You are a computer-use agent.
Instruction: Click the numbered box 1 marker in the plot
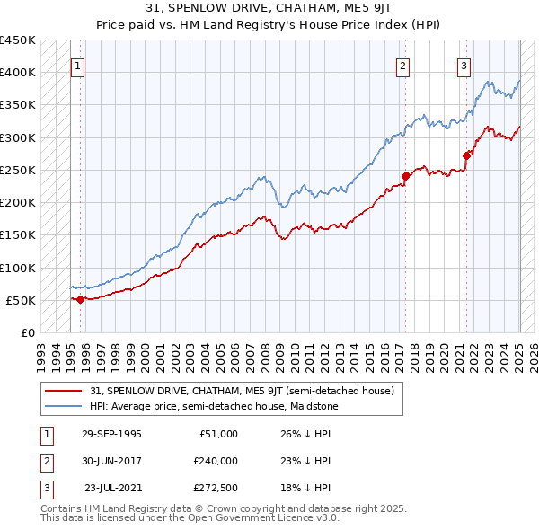pyautogui.click(x=77, y=65)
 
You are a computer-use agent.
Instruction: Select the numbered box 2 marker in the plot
pyautogui.click(x=403, y=65)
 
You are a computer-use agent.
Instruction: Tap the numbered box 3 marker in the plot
pyautogui.click(x=464, y=65)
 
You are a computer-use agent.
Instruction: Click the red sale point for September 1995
pyautogui.click(x=81, y=299)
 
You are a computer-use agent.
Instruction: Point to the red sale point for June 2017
pyautogui.click(x=406, y=176)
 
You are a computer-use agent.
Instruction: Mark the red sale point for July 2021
pyautogui.click(x=466, y=155)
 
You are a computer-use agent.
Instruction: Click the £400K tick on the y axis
pyautogui.click(x=18, y=73)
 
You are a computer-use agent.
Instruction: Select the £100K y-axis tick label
pyautogui.click(x=18, y=268)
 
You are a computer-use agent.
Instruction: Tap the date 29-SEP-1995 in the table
pyautogui.click(x=111, y=434)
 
